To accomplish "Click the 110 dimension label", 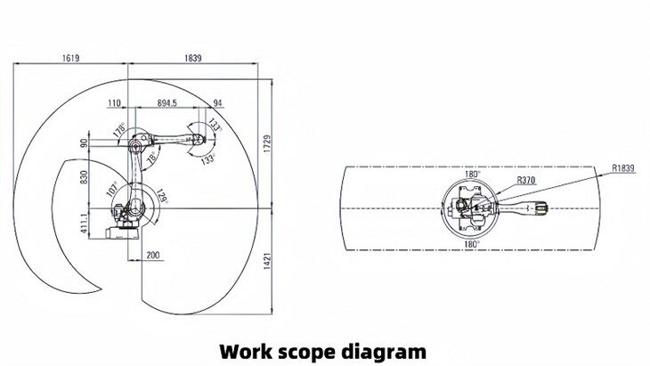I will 115,103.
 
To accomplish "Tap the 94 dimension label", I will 218,103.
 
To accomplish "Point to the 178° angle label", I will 119,130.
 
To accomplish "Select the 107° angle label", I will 113,189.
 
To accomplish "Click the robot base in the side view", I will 123,231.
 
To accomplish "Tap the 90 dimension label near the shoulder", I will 85,142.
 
